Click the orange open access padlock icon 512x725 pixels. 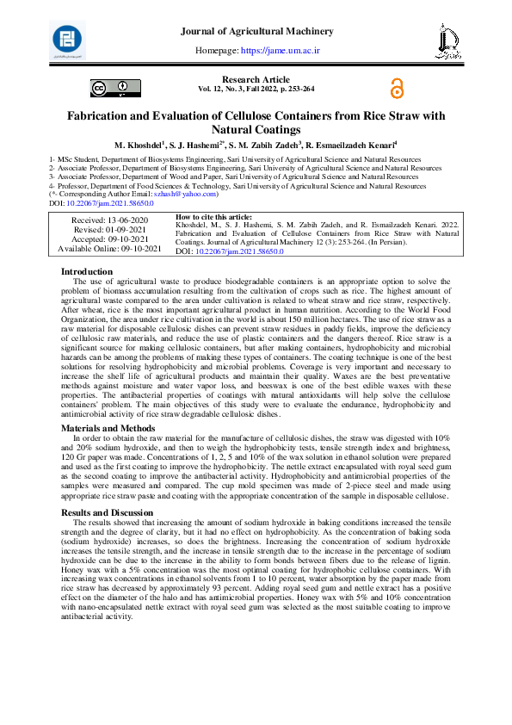396,88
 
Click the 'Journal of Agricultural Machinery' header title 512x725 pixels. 256,32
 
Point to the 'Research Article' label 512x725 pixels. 256,79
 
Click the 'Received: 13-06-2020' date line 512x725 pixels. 109,220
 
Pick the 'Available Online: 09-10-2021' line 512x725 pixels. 109,249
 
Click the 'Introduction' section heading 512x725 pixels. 86,272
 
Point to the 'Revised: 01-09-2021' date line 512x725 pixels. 109,230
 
